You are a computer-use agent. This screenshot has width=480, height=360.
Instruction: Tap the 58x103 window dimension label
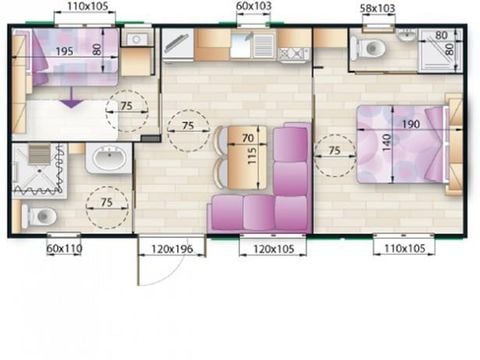coord(377,8)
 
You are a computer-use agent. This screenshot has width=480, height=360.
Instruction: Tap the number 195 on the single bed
coord(63,50)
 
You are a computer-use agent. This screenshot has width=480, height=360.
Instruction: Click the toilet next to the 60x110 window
coord(41,215)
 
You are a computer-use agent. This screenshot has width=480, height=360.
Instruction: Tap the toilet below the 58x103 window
coord(373,49)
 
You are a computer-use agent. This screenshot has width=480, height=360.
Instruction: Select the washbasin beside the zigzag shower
coord(108,159)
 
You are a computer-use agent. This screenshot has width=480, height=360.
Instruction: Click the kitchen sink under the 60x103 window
coord(262,45)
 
